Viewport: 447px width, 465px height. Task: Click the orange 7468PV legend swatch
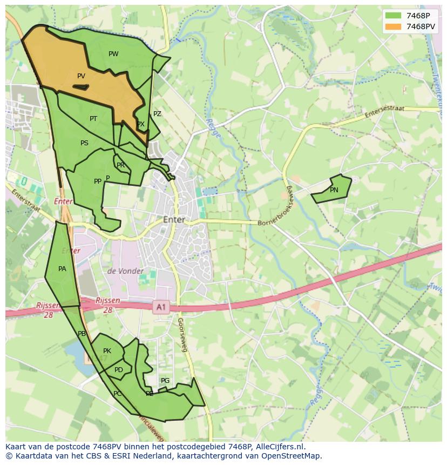click(x=393, y=26)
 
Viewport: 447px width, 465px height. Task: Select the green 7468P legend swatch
click(x=393, y=15)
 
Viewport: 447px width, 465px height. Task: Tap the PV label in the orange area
click(x=81, y=76)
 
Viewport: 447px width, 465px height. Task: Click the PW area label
click(x=113, y=53)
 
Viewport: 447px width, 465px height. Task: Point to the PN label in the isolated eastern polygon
click(x=334, y=190)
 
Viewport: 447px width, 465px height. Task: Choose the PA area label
click(x=62, y=269)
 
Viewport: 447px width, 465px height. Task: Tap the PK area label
click(x=107, y=351)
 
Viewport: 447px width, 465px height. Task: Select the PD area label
click(x=119, y=370)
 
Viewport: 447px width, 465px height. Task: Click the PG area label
click(x=165, y=381)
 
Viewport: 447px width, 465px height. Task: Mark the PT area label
click(x=93, y=119)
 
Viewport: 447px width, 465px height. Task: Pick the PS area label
click(x=84, y=143)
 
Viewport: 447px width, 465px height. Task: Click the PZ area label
click(x=157, y=114)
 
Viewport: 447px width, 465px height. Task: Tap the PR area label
click(x=120, y=165)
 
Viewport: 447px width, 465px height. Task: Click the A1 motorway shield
click(x=160, y=307)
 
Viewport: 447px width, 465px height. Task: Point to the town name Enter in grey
click(x=174, y=220)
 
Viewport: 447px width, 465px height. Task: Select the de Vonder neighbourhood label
click(x=125, y=271)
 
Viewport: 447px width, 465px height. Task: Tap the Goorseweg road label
click(x=182, y=335)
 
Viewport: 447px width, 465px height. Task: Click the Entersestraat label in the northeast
click(x=384, y=112)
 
